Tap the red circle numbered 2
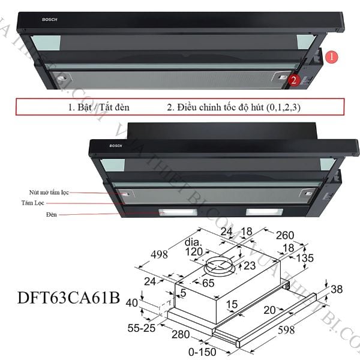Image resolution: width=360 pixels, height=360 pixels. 294,79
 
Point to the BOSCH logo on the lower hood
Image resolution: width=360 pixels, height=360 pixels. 115,146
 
